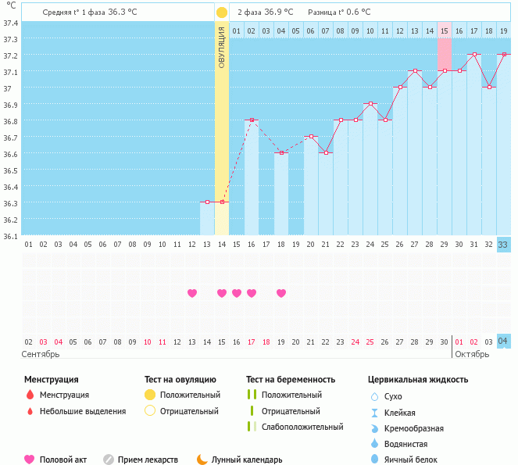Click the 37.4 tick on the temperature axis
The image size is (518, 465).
(11, 23)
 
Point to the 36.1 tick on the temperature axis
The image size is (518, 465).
(11, 235)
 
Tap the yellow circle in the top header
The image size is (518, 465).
(222, 13)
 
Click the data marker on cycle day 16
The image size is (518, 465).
(252, 120)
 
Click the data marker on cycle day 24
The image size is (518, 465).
(370, 103)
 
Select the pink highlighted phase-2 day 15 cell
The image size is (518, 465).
(444, 30)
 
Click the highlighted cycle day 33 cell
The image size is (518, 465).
(504, 245)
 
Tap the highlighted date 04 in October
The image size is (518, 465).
(504, 342)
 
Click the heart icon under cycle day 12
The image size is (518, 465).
(192, 293)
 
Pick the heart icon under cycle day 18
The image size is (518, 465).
(281, 293)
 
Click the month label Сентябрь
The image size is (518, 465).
(41, 354)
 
